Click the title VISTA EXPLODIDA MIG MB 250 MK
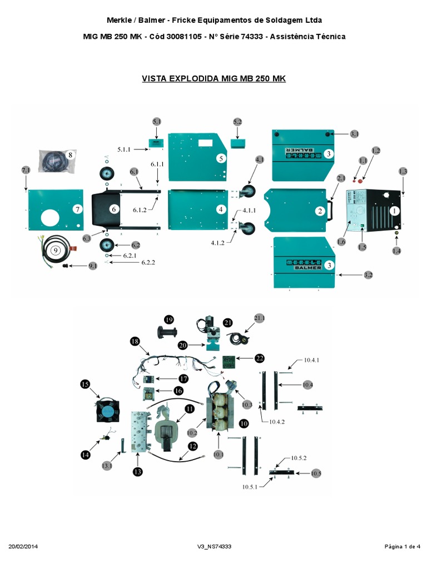pyautogui.click(x=213, y=79)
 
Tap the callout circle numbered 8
pyautogui.click(x=70, y=155)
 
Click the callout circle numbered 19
pyautogui.click(x=169, y=319)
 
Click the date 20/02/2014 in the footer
pyautogui.click(x=24, y=547)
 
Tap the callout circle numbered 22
pyautogui.click(x=259, y=358)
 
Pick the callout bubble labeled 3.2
pyautogui.click(x=368, y=275)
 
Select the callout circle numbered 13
pyautogui.click(x=137, y=472)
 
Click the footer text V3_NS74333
pyautogui.click(x=214, y=547)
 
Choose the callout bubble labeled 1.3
pyautogui.click(x=403, y=171)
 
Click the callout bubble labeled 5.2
pyautogui.click(x=237, y=122)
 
